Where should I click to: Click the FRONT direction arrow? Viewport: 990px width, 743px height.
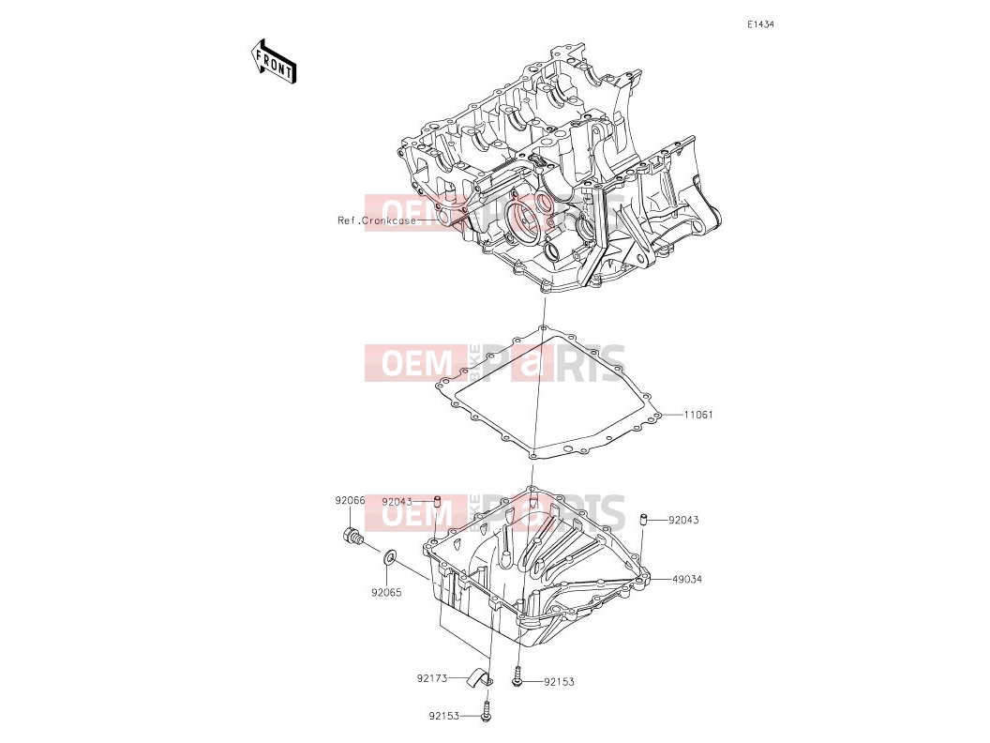click(x=274, y=62)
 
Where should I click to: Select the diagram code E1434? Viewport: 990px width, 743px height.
click(x=760, y=24)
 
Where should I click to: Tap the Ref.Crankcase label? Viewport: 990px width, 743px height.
click(x=376, y=220)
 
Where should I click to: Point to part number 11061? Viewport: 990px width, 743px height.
click(x=698, y=415)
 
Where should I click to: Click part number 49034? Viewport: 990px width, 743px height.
click(x=687, y=579)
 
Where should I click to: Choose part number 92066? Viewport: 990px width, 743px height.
click(x=350, y=500)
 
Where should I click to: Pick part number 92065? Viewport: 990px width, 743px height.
click(x=386, y=593)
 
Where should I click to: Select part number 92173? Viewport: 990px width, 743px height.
click(x=432, y=678)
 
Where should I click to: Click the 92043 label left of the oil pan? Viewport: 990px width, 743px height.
click(x=397, y=502)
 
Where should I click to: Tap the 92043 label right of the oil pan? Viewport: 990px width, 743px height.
click(x=683, y=520)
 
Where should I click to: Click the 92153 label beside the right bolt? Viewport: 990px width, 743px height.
click(x=560, y=682)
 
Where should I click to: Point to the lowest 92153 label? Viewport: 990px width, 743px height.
click(x=444, y=717)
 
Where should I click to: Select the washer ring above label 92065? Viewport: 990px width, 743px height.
click(x=390, y=556)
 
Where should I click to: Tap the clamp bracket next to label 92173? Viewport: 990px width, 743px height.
click(x=480, y=678)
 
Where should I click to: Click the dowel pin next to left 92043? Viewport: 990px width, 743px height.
click(x=436, y=502)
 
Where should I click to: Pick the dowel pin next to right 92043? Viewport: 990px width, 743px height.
click(x=644, y=520)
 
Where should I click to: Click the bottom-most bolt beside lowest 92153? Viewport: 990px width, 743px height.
click(x=486, y=711)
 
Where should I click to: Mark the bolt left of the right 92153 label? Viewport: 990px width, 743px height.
click(x=518, y=676)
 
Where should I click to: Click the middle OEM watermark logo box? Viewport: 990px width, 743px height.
click(x=416, y=363)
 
